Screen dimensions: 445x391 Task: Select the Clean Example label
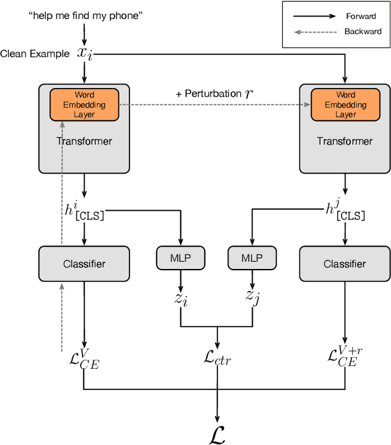35,54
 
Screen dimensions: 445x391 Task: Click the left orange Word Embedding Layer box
84,105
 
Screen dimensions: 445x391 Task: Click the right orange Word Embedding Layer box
345,105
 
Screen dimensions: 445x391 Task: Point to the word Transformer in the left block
84,141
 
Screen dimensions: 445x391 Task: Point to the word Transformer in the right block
345,141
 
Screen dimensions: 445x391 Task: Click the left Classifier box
84,264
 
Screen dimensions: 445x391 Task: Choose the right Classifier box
345,264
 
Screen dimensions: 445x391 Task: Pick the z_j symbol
252,297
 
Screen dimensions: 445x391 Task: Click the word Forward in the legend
361,17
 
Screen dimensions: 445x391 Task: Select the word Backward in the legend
362,31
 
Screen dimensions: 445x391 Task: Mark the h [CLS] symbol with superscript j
346,212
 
